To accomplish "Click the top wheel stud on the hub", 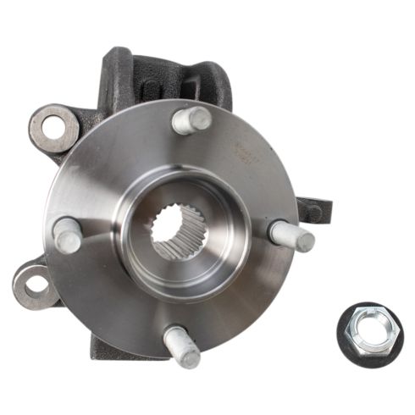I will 191,119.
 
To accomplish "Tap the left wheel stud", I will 68,234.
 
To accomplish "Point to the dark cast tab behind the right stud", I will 313,210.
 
